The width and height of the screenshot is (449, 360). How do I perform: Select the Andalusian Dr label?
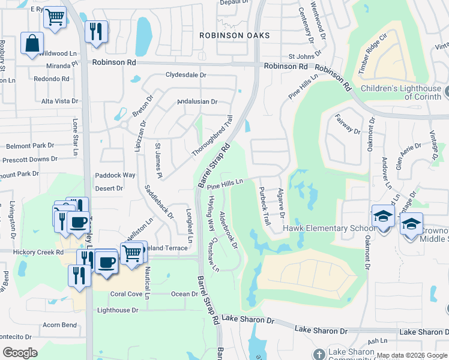tap(197, 101)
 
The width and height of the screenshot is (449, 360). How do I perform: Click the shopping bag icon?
tap(32, 44)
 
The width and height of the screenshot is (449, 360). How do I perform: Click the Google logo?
tap(20, 353)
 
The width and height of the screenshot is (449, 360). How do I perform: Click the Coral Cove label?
tap(125, 294)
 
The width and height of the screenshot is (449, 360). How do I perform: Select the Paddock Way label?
tap(115, 175)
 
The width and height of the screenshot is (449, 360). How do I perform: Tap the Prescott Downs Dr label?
tap(29, 160)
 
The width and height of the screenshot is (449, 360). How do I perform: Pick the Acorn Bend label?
tap(60, 325)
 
